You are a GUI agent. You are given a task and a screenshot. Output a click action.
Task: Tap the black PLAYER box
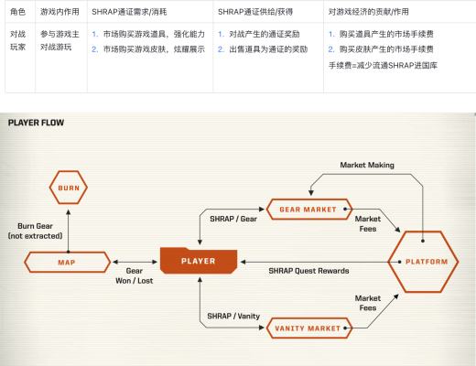tap(200, 261)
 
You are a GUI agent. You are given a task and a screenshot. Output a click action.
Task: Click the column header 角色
tap(16, 14)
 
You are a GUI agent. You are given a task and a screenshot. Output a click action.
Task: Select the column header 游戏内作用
tap(59, 14)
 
